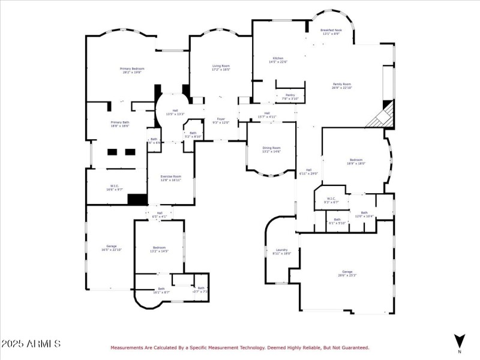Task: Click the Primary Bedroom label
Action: (133, 70)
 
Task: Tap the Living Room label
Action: (221, 67)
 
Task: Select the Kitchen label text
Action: (278, 59)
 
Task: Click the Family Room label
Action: (342, 86)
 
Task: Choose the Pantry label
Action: (290, 97)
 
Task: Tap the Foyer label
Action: (221, 121)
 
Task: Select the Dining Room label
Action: (271, 149)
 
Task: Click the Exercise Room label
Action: (170, 178)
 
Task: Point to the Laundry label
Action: (281, 251)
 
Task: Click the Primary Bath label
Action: (119, 124)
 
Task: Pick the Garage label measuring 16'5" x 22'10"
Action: (111, 248)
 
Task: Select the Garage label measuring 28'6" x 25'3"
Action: (347, 273)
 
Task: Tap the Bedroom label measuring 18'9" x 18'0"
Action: (356, 161)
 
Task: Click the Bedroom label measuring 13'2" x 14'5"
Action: (159, 249)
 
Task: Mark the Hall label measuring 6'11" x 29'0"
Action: (308, 172)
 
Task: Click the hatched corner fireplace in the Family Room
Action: (382, 116)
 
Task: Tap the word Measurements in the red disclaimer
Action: (128, 347)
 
